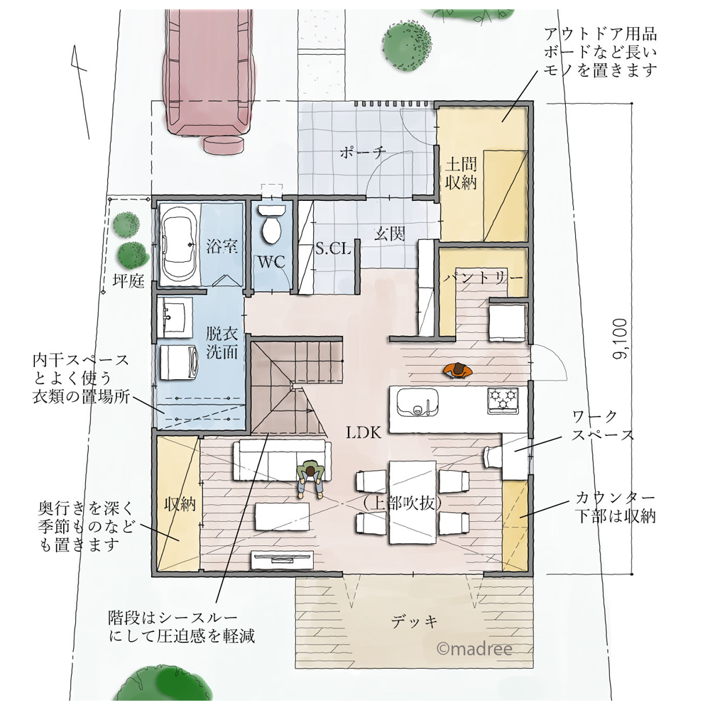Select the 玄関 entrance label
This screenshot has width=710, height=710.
[x=390, y=234]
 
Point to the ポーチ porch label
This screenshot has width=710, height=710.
[x=362, y=151]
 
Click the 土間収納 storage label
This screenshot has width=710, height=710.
[x=461, y=173]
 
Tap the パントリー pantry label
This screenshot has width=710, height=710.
[x=484, y=276]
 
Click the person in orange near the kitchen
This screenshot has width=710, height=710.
[x=459, y=371]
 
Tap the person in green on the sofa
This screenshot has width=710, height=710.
[x=310, y=476]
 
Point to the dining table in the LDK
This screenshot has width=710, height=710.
[x=411, y=501]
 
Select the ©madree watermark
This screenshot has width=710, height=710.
[x=475, y=648]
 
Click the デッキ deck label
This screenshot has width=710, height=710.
[x=414, y=623]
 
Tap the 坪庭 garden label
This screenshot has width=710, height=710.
[x=129, y=282]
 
